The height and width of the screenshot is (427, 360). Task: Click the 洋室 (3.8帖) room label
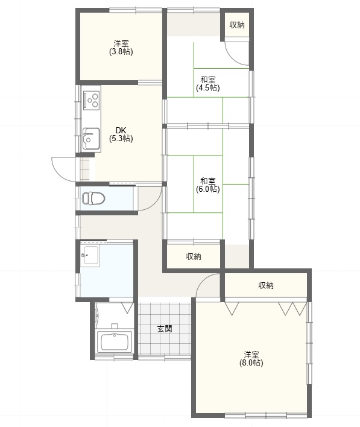(x=121, y=48)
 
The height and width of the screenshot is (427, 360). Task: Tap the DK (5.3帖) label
(x=121, y=134)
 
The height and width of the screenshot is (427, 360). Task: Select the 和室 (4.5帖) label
(x=208, y=84)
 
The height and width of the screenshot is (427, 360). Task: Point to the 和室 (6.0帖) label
(x=208, y=185)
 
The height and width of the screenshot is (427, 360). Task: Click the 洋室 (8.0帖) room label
(x=251, y=359)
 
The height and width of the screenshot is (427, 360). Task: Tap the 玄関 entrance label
(x=165, y=329)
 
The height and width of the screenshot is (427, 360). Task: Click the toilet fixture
(x=93, y=198)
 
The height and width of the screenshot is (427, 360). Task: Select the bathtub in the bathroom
(x=115, y=341)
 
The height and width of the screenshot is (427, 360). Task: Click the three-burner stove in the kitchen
(x=92, y=100)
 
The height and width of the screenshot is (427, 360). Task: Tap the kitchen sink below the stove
(x=91, y=139)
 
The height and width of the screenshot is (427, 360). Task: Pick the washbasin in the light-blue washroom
(x=90, y=255)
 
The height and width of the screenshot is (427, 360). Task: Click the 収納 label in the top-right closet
(x=237, y=25)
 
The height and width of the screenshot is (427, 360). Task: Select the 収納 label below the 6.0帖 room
(x=194, y=256)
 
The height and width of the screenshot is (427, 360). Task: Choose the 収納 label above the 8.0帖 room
(x=266, y=285)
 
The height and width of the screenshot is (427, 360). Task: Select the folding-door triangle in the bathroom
(x=127, y=308)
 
